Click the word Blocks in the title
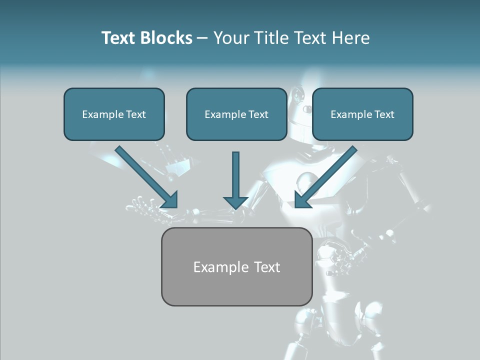point(166,38)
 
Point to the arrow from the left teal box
point(147,177)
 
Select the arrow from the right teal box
point(325,177)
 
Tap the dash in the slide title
point(202,38)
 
